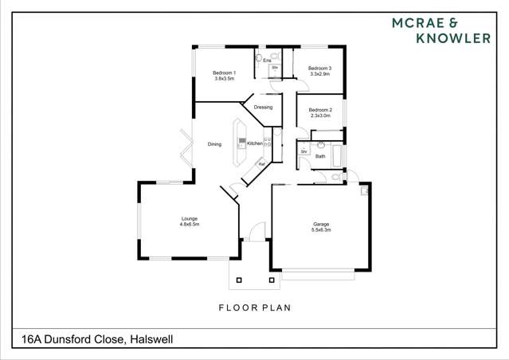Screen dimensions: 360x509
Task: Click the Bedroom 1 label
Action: tap(224, 73)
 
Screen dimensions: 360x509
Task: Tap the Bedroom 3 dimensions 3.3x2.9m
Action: tap(319, 74)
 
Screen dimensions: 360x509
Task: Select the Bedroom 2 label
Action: tap(319, 110)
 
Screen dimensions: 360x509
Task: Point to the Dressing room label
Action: tap(263, 107)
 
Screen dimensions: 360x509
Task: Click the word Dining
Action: tap(214, 144)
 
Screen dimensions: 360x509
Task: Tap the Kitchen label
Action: tap(255, 143)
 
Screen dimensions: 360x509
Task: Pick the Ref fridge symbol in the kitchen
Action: tap(261, 164)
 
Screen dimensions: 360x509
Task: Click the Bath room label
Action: tap(320, 156)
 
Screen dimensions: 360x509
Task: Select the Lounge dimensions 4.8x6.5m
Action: tap(189, 225)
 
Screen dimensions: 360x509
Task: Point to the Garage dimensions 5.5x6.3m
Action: tap(321, 229)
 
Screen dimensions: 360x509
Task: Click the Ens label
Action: tap(257, 61)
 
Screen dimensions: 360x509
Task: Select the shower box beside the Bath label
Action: tap(303, 151)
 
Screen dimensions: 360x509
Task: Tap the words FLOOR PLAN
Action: tap(254, 307)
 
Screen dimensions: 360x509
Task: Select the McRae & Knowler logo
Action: tap(440, 30)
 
